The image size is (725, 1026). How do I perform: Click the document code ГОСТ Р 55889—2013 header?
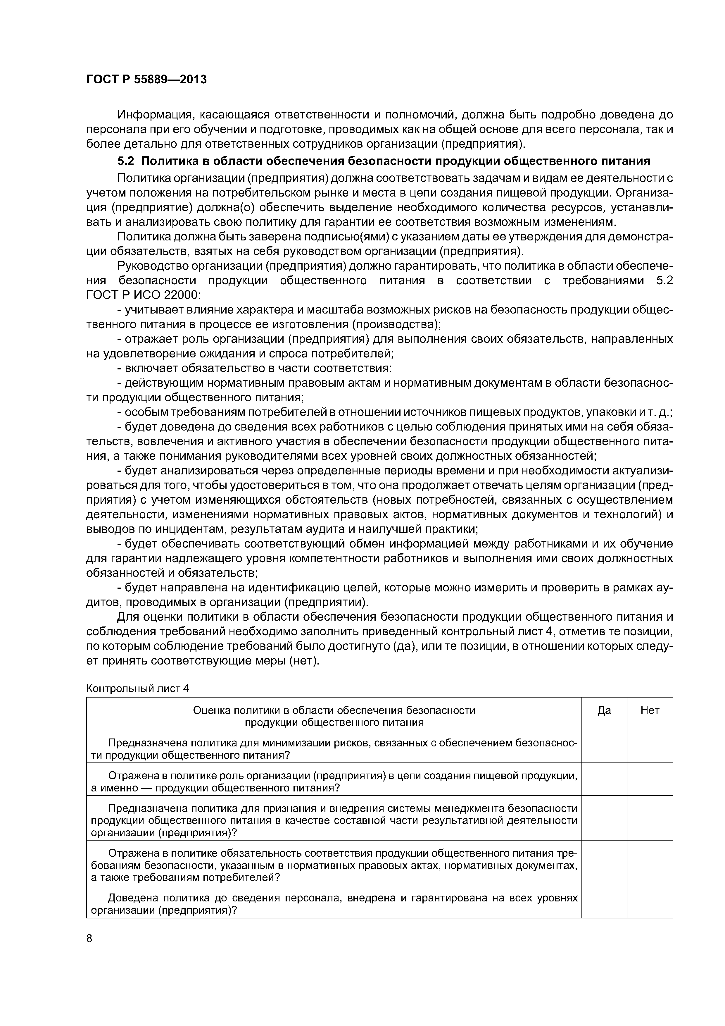pyautogui.click(x=146, y=80)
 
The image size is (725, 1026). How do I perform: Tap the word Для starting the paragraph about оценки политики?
pyautogui.click(x=126, y=617)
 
